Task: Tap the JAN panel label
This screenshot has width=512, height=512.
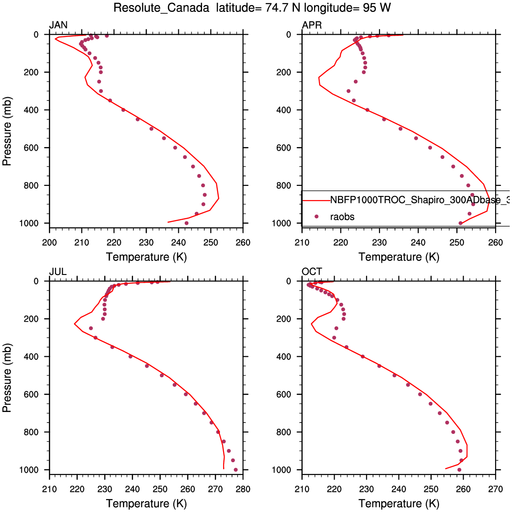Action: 58,25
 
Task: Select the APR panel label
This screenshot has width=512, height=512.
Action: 312,25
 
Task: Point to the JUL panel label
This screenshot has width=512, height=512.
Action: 58,272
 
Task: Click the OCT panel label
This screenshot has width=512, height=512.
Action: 312,272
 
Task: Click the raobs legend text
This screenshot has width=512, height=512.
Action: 342,217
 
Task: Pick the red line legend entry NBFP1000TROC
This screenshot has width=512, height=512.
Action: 411,201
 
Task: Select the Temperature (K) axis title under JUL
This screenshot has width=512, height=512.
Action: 146,504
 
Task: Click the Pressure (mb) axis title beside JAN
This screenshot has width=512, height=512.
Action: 7,131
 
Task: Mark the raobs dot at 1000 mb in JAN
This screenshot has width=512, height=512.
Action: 187,223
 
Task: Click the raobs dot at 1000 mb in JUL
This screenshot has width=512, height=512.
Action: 235,470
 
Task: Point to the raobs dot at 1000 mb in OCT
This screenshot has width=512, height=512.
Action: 459,470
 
